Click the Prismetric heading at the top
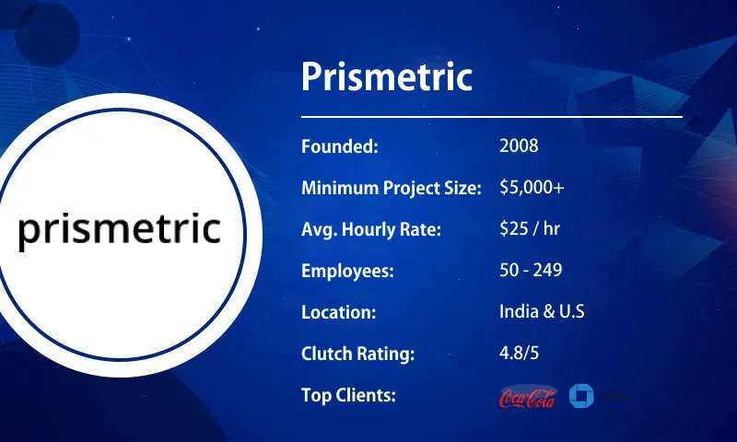click(387, 77)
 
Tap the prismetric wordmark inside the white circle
click(120, 230)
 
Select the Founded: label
click(340, 146)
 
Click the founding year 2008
click(519, 146)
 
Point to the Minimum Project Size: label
click(392, 188)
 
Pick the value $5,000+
click(532, 188)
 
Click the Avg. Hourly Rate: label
click(371, 229)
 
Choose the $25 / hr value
click(529, 229)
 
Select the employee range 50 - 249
click(531, 271)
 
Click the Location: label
click(338, 312)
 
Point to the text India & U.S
click(542, 312)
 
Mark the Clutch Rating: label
click(357, 354)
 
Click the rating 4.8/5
click(521, 354)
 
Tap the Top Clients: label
click(348, 395)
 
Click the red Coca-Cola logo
click(527, 397)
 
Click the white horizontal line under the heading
click(492, 117)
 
